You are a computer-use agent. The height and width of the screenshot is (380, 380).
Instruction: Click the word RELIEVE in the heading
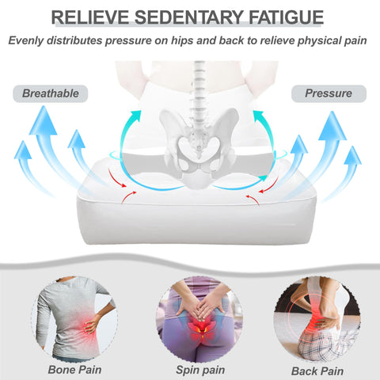click(90, 17)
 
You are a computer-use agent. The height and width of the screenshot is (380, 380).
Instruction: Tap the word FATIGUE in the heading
click(286, 17)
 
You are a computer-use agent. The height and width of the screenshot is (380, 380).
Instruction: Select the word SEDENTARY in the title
click(188, 17)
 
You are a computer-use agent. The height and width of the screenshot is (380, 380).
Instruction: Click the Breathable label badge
click(51, 93)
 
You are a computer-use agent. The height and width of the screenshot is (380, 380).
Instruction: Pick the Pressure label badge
click(329, 93)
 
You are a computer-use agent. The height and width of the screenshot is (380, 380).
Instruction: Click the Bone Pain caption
click(74, 370)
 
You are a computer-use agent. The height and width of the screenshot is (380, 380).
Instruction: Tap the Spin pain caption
click(200, 370)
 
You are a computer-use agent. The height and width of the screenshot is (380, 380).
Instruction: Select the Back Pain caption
click(317, 371)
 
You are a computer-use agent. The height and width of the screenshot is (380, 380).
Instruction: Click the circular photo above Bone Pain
click(74, 319)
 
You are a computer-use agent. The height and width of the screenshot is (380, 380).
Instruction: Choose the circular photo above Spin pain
click(199, 319)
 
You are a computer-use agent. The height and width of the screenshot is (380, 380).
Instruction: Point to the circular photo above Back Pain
click(317, 319)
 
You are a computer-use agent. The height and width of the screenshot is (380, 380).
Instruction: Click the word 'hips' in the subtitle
click(181, 40)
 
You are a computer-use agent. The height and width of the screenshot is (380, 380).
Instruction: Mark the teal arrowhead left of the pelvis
click(136, 116)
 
